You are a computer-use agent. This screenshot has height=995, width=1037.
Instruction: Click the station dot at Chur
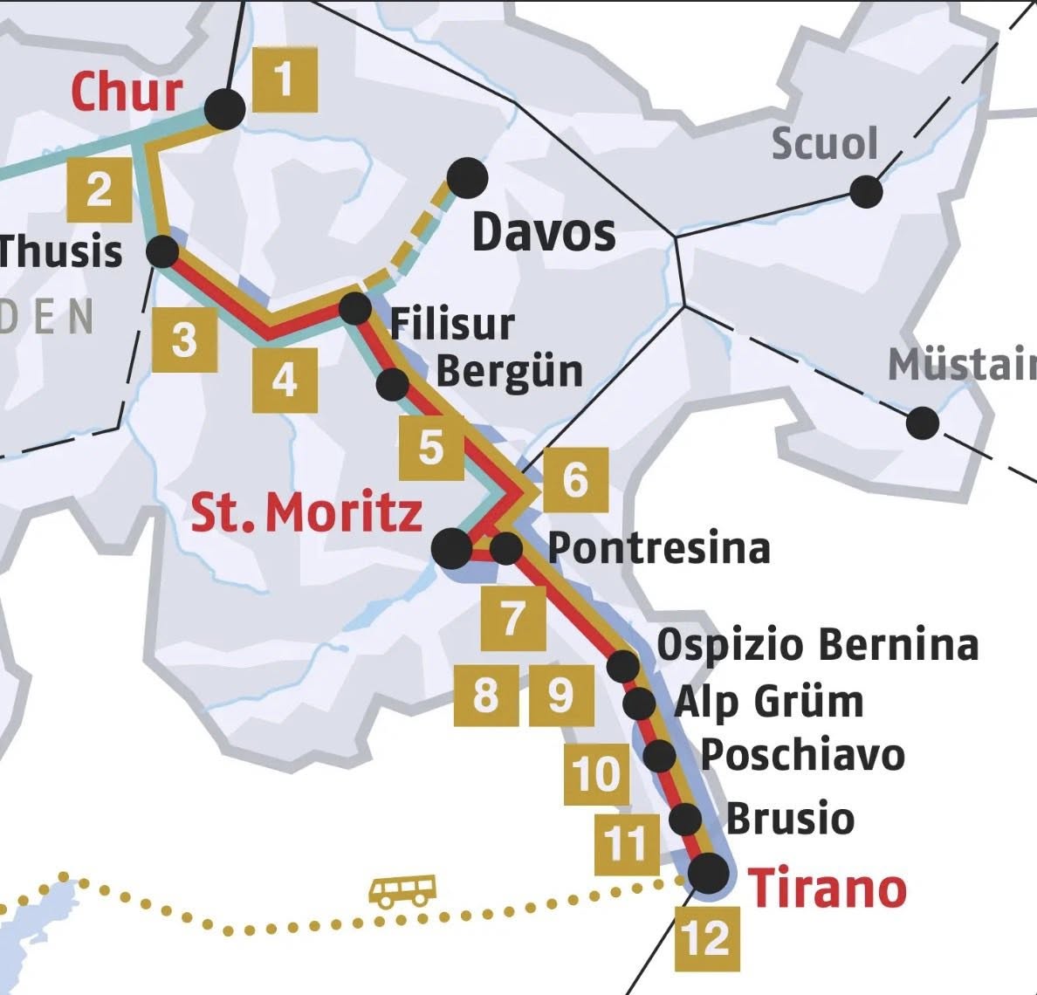tap(225, 110)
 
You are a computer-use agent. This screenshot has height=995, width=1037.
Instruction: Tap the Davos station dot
tap(467, 178)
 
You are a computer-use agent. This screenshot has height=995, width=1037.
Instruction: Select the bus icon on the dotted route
tap(402, 891)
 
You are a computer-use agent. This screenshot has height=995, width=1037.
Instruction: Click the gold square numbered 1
tap(285, 80)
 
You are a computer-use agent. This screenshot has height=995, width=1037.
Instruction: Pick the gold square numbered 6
tap(575, 479)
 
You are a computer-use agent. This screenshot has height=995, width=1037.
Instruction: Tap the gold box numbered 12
tap(707, 938)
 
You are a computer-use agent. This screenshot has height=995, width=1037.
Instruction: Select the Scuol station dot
tap(866, 190)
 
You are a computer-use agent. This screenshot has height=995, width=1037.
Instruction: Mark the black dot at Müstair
tap(922, 423)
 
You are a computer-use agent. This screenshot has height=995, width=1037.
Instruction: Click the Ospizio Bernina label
tap(817, 645)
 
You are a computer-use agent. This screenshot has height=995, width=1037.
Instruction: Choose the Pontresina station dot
tap(506, 549)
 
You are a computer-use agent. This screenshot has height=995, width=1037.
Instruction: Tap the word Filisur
tap(452, 324)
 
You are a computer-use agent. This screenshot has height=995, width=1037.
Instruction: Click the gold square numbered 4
tap(285, 380)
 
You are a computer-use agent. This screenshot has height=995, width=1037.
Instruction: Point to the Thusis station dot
tap(162, 253)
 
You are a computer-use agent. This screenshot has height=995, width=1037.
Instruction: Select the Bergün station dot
tap(393, 383)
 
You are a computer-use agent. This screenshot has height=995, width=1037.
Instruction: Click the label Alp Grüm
tap(769, 702)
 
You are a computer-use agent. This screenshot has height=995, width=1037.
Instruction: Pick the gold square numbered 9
tap(560, 695)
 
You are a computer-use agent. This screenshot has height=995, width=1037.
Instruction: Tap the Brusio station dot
tap(685, 820)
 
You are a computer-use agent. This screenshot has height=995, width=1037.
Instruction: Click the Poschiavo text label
tap(802, 755)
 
